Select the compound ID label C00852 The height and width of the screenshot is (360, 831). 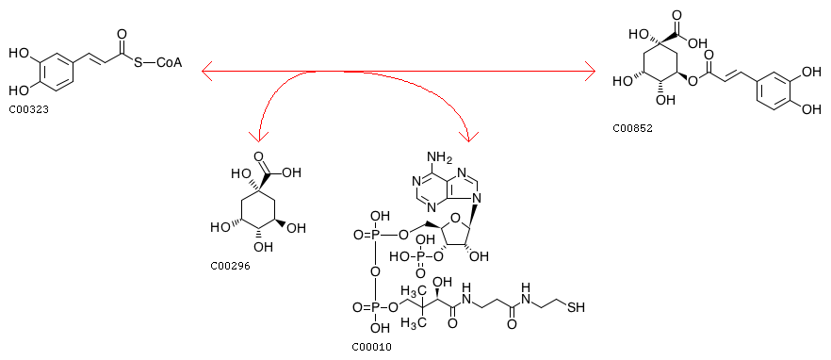[x=633, y=128]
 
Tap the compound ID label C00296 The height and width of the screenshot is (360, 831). [x=230, y=266]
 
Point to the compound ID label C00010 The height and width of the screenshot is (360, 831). [x=371, y=347]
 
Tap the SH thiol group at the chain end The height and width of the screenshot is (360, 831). [x=574, y=307]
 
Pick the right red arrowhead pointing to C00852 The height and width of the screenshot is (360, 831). [x=590, y=70]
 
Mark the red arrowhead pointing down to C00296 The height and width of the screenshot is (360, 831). [x=258, y=137]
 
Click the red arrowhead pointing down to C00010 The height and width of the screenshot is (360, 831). [x=469, y=136]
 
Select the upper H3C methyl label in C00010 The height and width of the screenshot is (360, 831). [x=411, y=291]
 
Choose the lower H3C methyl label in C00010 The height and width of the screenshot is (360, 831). [x=411, y=322]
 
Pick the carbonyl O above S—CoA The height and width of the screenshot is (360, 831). [x=122, y=35]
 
